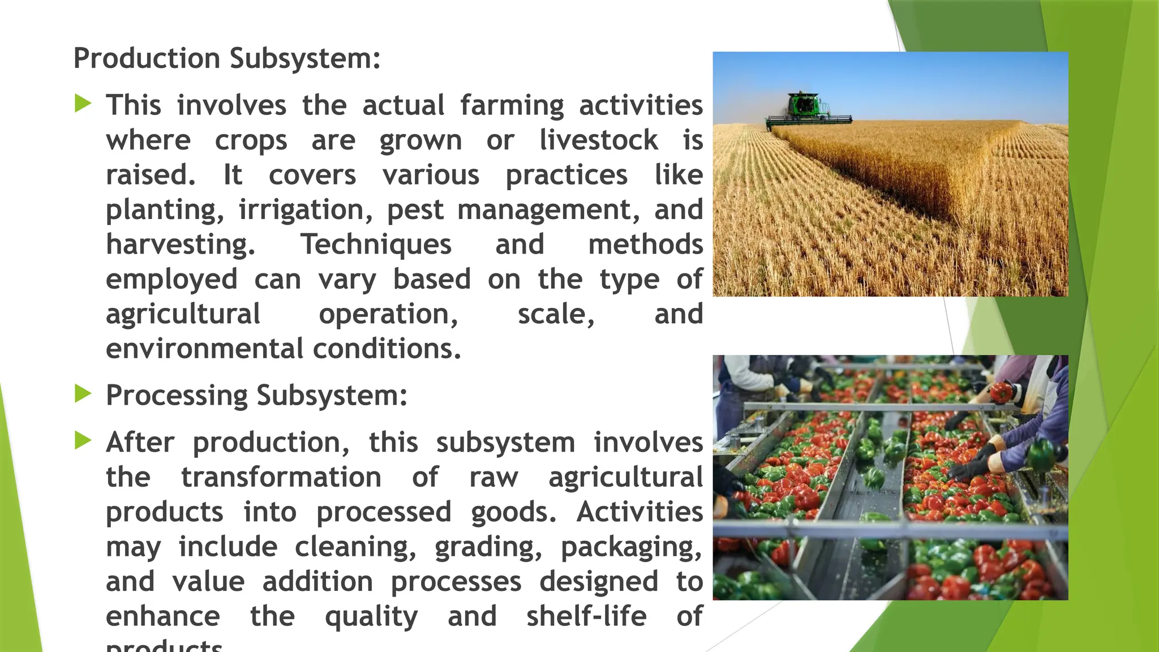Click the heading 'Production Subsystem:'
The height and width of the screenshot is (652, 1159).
227,58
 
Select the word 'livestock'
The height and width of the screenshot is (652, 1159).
599,140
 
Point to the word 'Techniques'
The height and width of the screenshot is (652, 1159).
376,244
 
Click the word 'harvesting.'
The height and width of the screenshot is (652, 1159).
181,244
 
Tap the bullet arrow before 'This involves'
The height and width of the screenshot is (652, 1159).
83,104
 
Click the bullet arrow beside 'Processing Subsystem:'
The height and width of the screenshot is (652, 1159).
83,394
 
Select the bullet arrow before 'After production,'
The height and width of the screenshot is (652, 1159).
83,441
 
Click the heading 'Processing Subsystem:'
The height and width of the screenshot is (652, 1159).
256,395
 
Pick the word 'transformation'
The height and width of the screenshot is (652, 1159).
281,477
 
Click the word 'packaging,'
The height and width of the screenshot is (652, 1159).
632,547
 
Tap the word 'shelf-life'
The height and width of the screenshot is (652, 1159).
586,616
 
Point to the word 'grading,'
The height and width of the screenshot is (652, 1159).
488,547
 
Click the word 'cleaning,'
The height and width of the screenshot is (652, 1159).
355,547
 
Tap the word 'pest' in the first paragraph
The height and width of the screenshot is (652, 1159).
415,210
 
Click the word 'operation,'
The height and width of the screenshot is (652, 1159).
388,314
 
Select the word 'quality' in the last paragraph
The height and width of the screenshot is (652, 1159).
371,617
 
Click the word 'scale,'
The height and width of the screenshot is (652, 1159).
556,314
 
